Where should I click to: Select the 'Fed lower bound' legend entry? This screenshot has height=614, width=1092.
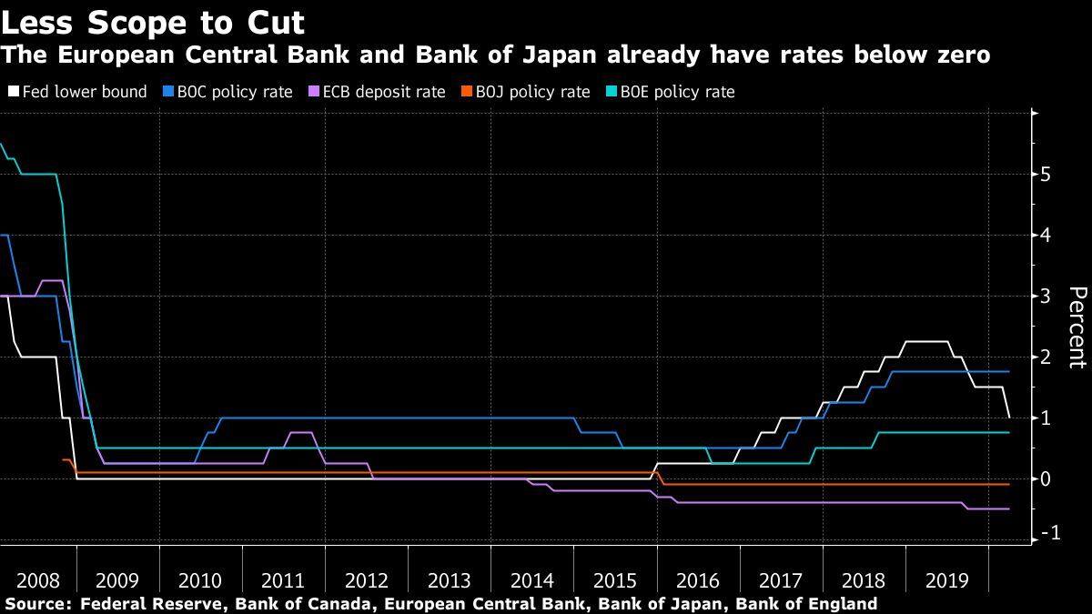77,92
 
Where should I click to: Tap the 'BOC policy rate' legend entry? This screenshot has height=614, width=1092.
228,92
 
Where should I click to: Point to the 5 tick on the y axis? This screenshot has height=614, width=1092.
1047,174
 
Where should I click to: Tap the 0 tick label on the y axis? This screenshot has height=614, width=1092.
1047,478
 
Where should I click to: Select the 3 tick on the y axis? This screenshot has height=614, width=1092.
1047,296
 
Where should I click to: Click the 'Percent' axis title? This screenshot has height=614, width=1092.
1077,327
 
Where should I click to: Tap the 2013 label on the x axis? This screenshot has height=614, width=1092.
450,579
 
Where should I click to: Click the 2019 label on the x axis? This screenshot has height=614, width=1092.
946,579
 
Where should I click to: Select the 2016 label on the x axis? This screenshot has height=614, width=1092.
698,579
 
